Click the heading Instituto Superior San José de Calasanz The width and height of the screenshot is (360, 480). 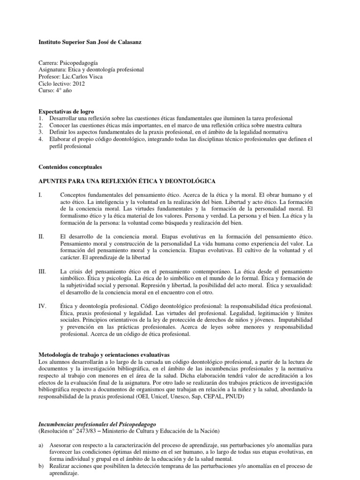[x=89, y=42]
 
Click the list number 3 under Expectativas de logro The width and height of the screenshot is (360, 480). [x=40, y=132]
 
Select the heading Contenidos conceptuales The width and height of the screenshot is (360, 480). [x=70, y=166]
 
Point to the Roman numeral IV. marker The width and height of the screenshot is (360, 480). [x=42, y=306]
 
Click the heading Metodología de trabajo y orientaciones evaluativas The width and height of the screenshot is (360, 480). [x=104, y=354]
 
